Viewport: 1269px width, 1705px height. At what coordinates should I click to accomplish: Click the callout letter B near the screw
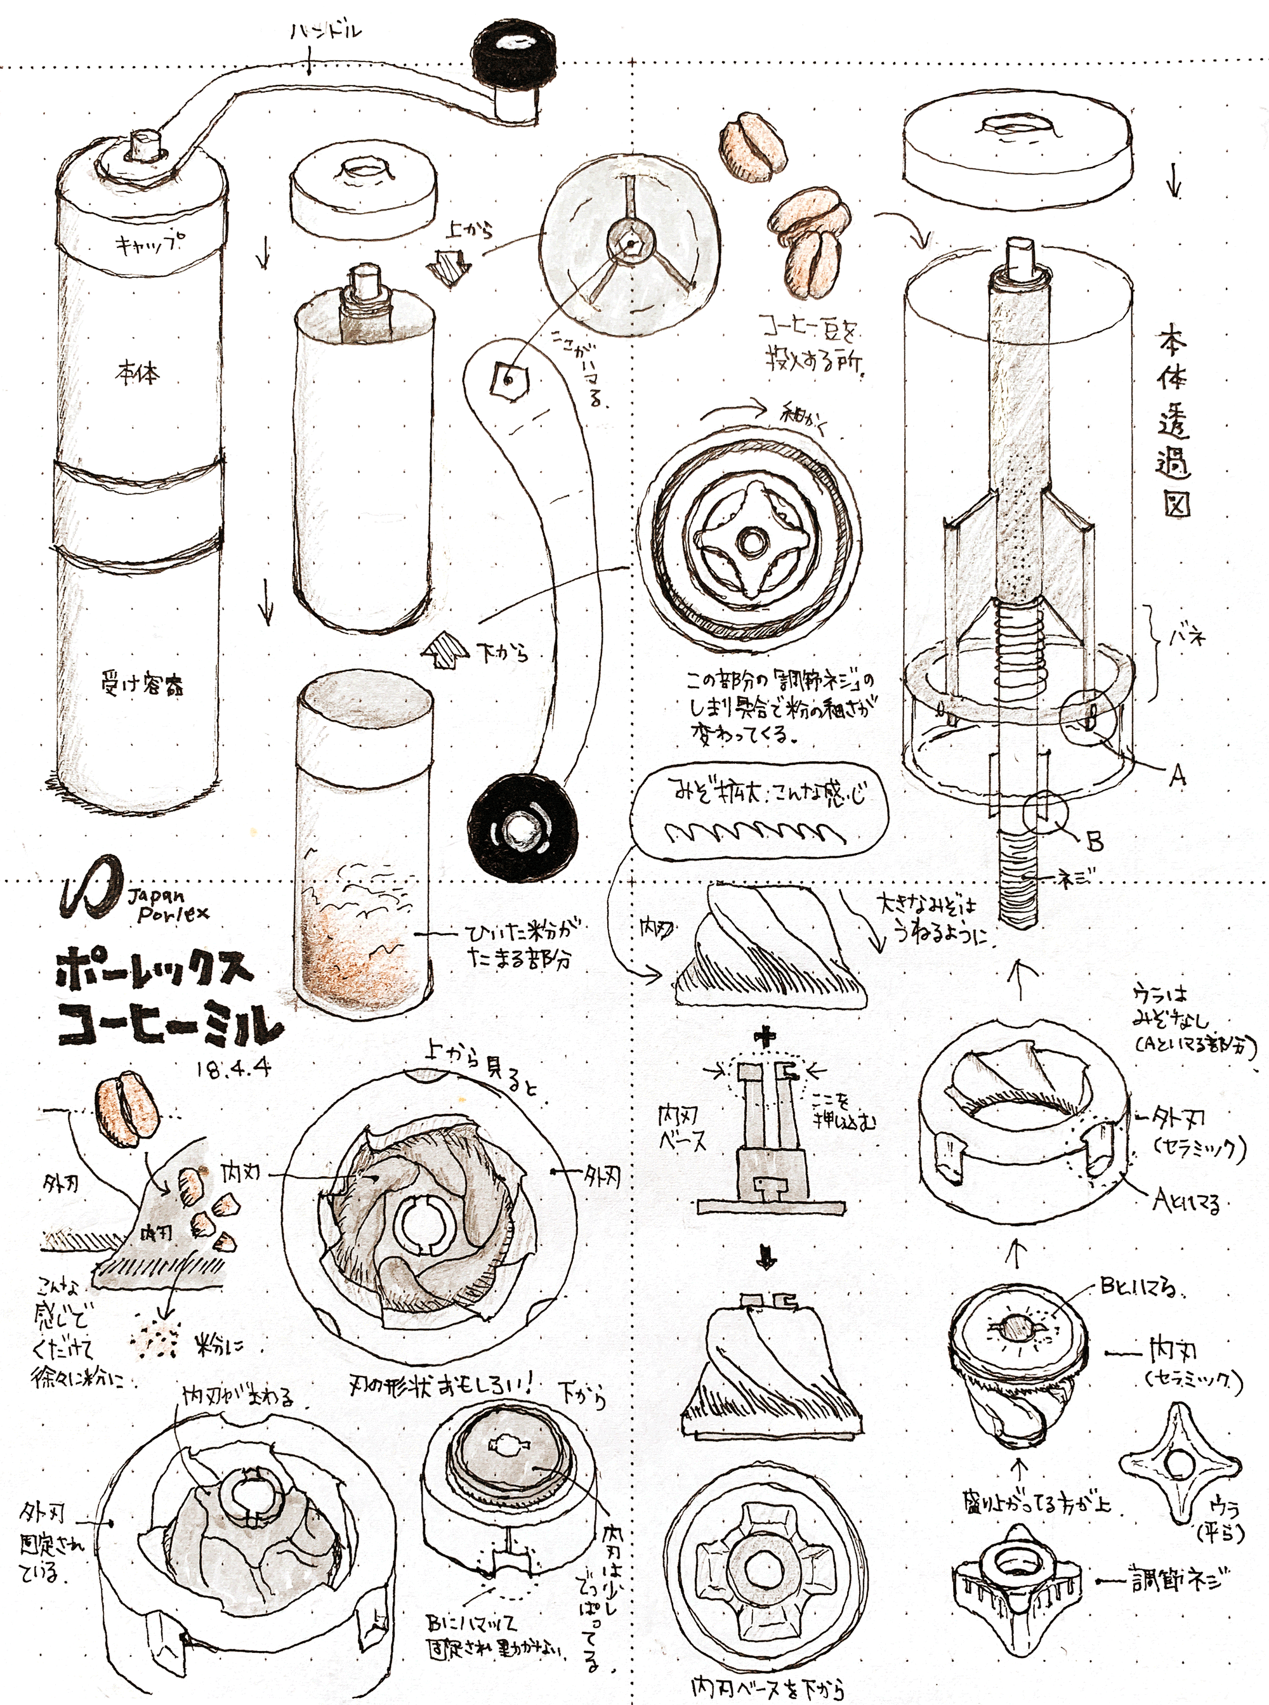pos(1094,842)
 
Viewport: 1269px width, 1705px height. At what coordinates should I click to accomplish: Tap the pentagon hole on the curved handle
pos(508,378)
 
